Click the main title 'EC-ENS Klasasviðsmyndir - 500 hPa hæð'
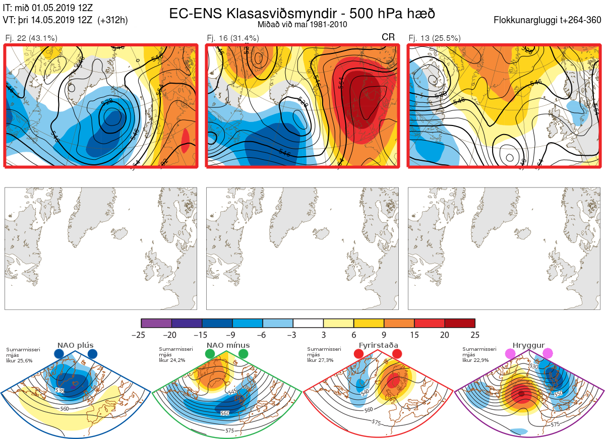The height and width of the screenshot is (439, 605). click(302, 14)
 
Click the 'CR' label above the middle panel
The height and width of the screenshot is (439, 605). click(388, 37)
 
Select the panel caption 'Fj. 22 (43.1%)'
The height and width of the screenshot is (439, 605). click(31, 38)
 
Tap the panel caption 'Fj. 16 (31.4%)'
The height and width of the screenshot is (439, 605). click(233, 38)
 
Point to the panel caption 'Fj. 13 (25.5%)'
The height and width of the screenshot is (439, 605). click(435, 38)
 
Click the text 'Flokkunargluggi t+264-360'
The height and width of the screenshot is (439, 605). click(549, 20)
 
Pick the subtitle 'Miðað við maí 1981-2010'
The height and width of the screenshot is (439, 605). click(302, 24)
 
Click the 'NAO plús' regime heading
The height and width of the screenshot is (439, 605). click(75, 345)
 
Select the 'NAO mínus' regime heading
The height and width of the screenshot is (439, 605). click(228, 345)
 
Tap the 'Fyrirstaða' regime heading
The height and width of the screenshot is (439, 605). click(378, 345)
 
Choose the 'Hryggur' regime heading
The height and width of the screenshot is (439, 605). click(526, 345)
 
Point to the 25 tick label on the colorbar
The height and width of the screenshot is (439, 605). click(474, 335)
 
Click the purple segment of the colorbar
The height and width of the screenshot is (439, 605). click(156, 323)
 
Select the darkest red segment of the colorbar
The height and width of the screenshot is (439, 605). click(459, 323)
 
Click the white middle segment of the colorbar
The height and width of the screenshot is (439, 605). click(308, 323)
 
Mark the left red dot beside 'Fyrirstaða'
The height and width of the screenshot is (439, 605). click(359, 354)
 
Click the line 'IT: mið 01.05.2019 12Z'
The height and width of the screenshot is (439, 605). click(48, 8)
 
